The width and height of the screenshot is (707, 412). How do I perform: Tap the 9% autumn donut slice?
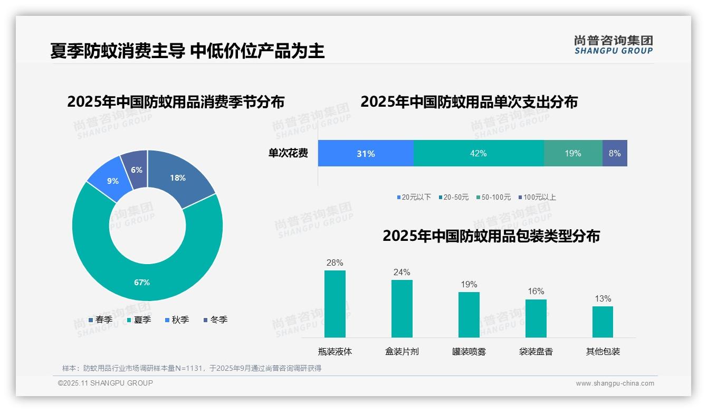click(112, 181)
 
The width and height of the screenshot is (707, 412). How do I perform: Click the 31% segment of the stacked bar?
click(366, 154)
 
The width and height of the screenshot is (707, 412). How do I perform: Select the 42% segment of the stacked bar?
click(479, 154)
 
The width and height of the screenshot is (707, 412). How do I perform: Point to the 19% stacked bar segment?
click(573, 154)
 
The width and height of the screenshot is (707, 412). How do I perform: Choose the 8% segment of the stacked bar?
click(615, 154)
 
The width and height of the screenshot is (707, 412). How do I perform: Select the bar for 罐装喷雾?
click(469, 315)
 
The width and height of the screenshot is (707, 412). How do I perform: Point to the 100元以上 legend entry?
click(537, 198)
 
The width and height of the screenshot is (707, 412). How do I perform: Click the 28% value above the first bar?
click(335, 263)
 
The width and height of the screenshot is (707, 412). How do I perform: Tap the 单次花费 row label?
click(288, 154)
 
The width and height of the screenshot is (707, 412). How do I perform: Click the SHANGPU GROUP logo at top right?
click(614, 44)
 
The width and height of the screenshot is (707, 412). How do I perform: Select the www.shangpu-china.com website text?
click(615, 383)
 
